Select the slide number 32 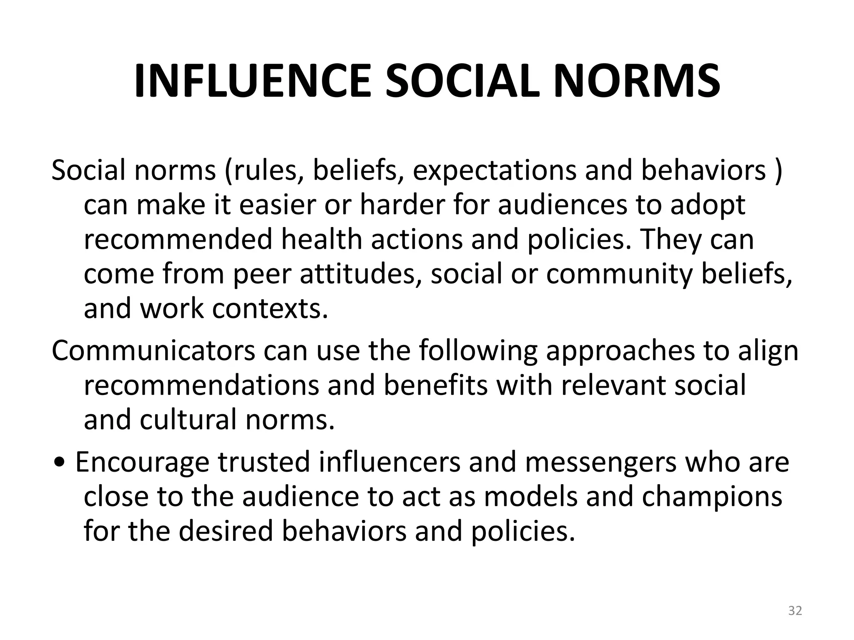[x=795, y=611]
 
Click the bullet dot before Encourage [x=61, y=463]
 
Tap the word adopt [x=708, y=205]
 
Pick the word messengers [x=600, y=463]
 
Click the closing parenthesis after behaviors [x=778, y=171]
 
